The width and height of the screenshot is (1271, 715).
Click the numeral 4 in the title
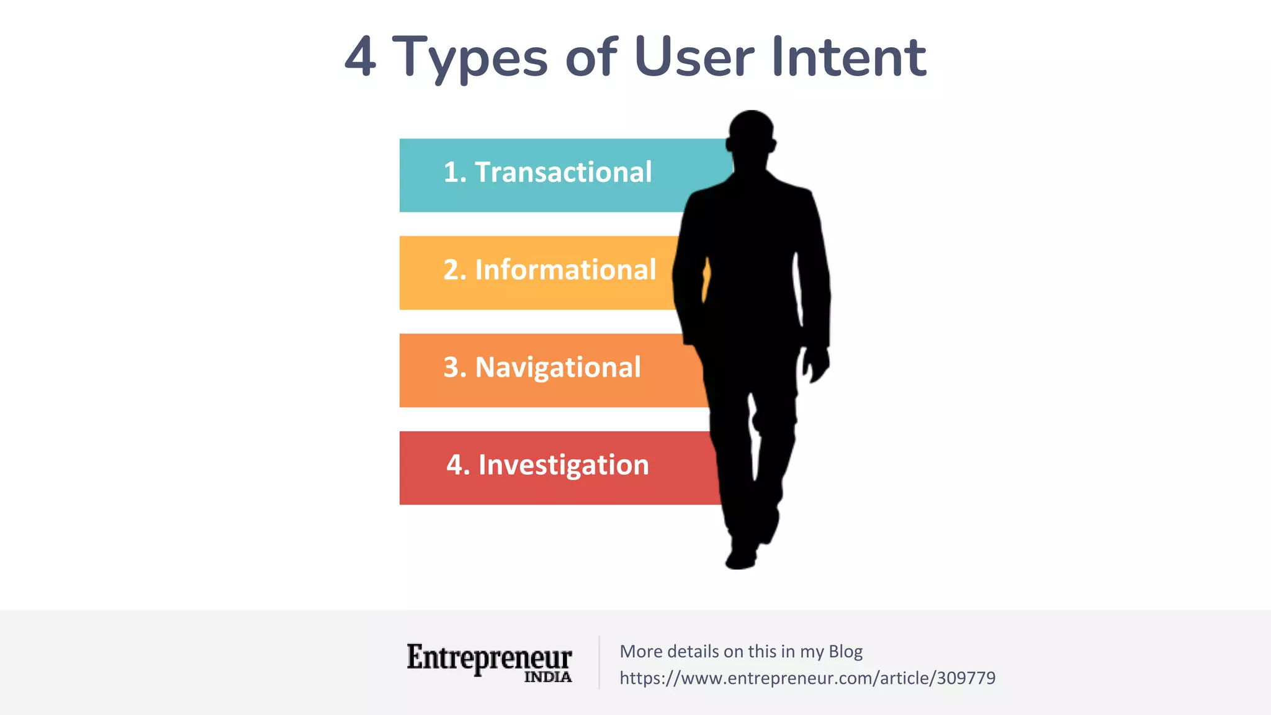tap(361, 57)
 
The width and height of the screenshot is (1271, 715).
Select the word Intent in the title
tap(848, 57)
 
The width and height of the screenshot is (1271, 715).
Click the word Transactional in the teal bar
tap(563, 172)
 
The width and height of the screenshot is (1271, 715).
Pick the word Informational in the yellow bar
tap(565, 270)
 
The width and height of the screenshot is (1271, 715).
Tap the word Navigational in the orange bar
tap(558, 367)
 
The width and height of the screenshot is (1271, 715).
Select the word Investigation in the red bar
tap(564, 465)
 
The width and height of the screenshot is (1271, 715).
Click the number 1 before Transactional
tap(451, 172)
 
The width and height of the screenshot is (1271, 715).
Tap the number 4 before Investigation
tap(455, 465)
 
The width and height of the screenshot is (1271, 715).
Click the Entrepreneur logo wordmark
tap(489, 658)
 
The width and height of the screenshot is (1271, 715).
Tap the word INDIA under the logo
tap(548, 677)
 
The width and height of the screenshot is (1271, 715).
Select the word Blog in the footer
tap(845, 652)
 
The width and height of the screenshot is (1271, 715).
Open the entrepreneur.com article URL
tap(807, 678)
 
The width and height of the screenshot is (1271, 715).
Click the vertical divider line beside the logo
tap(600, 662)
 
